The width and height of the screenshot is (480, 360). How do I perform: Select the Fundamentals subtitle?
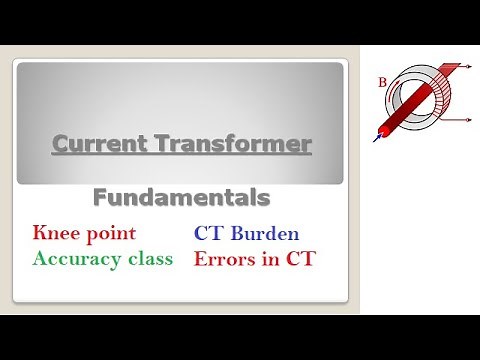pos(182,197)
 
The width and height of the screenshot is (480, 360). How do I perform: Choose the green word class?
pos(149,258)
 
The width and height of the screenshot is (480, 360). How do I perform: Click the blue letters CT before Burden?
pos(209,233)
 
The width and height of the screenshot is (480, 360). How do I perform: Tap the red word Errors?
pos(226,258)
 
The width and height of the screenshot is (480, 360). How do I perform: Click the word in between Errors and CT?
pos(272,258)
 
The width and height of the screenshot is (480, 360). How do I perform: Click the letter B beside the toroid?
pos(382,82)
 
